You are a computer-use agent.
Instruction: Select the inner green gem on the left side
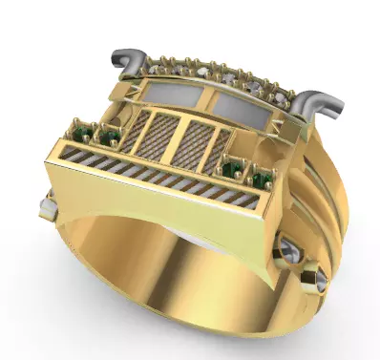tap(110, 138)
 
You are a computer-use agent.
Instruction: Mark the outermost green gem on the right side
tap(264, 179)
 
